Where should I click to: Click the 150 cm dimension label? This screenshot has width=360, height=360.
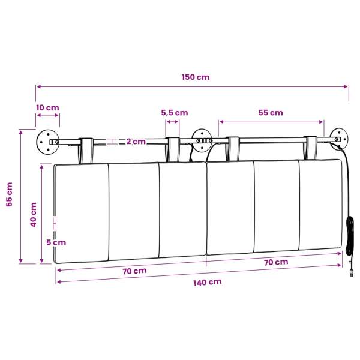pyautogui.click(x=196, y=77)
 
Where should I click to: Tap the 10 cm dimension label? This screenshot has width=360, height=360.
pyautogui.click(x=47, y=107)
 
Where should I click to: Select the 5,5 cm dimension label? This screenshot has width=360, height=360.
pyautogui.click(x=175, y=113)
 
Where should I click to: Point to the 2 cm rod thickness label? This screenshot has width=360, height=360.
pyautogui.click(x=136, y=142)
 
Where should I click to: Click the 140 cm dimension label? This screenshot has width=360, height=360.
pyautogui.click(x=208, y=283)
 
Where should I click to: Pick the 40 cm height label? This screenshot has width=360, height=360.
pyautogui.click(x=34, y=215)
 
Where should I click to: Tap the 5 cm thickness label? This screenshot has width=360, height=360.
pyautogui.click(x=56, y=242)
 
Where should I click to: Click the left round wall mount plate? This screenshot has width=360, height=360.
pyautogui.click(x=48, y=142)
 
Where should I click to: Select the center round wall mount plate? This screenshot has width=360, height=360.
pyautogui.click(x=202, y=140)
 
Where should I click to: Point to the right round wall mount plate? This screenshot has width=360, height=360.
pyautogui.click(x=339, y=139)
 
